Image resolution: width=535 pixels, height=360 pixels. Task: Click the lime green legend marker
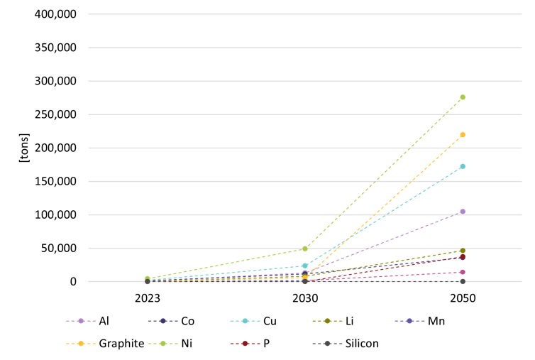[x=162, y=344]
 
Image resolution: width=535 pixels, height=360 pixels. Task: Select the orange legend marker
[x=81, y=344]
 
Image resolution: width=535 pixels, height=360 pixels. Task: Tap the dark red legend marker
[x=245, y=344]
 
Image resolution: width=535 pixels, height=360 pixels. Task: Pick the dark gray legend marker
[x=327, y=344]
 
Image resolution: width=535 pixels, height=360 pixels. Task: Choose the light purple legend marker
[x=81, y=321]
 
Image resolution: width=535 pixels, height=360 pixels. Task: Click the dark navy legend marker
[x=162, y=321]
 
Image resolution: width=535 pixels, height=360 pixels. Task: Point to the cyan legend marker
[x=245, y=321]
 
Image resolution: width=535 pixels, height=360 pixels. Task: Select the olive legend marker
[x=327, y=321]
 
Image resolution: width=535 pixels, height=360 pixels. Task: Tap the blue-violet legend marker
[x=409, y=321]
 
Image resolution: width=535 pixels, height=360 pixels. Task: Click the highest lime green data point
[x=463, y=97]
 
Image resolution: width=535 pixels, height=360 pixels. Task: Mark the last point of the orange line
[x=463, y=134]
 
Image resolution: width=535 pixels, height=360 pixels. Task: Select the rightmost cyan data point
[x=463, y=166]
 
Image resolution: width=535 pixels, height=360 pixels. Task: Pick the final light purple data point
[x=463, y=212]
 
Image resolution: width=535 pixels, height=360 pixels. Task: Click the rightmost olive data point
[x=463, y=251]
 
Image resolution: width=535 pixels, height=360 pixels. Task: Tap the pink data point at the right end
[x=463, y=272]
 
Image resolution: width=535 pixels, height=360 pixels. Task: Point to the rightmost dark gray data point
[x=463, y=281]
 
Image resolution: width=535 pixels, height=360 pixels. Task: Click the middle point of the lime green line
[x=305, y=249]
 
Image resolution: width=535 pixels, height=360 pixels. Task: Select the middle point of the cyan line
[x=305, y=266]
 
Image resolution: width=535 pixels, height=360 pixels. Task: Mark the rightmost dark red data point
[x=463, y=256]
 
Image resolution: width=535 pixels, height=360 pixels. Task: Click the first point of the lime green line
[x=148, y=278]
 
